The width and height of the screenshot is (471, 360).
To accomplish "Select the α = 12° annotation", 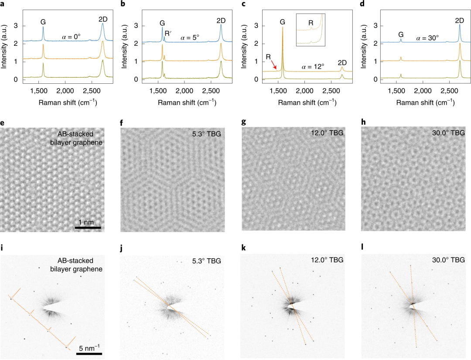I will (x=313, y=66).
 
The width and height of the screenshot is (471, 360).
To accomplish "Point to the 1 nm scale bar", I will (x=88, y=227).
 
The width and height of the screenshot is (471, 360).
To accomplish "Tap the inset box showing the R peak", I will (x=311, y=29).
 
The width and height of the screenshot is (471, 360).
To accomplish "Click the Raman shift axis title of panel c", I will (x=300, y=103).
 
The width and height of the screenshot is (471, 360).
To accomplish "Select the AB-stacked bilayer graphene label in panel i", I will (x=76, y=265).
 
